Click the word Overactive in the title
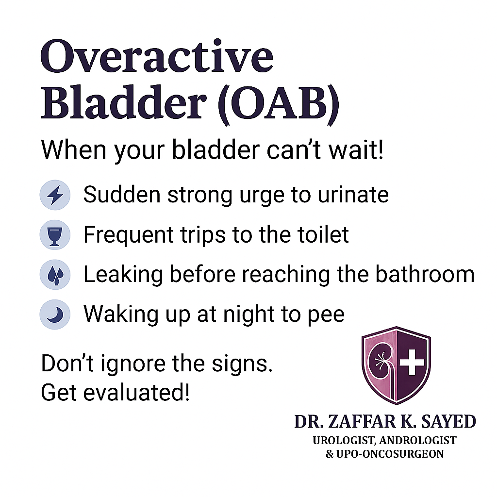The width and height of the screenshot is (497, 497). click(157, 56)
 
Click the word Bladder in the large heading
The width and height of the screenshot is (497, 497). click(124, 102)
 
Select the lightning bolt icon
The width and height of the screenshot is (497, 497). click(55, 195)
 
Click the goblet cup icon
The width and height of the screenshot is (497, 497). click(55, 235)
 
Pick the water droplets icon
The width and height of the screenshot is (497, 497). click(55, 275)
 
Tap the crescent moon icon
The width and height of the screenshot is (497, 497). click(55, 315)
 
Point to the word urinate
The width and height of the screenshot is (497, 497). click(353, 195)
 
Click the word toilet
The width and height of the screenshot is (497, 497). click(323, 234)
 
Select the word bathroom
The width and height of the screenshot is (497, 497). click(425, 274)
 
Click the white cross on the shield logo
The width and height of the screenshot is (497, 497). click(412, 362)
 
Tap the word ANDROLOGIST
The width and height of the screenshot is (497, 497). click(418, 441)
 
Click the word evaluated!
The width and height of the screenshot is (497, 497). click(136, 392)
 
